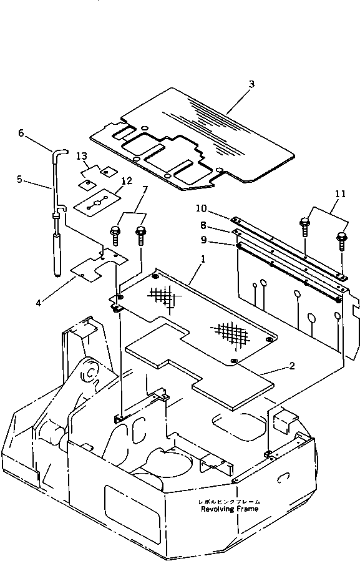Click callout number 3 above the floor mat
click(251, 84)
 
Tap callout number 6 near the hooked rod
click(21, 133)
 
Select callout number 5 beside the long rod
click(20, 178)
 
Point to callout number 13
click(82, 156)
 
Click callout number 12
click(127, 181)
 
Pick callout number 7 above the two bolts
click(144, 190)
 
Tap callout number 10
click(201, 208)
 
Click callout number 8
click(203, 225)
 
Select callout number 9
click(203, 240)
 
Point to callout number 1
click(203, 259)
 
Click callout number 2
click(292, 366)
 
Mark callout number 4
click(38, 303)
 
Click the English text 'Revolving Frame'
click(230, 509)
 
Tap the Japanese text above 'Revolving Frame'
click(230, 502)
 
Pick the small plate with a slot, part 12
click(97, 203)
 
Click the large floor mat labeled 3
click(193, 138)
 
